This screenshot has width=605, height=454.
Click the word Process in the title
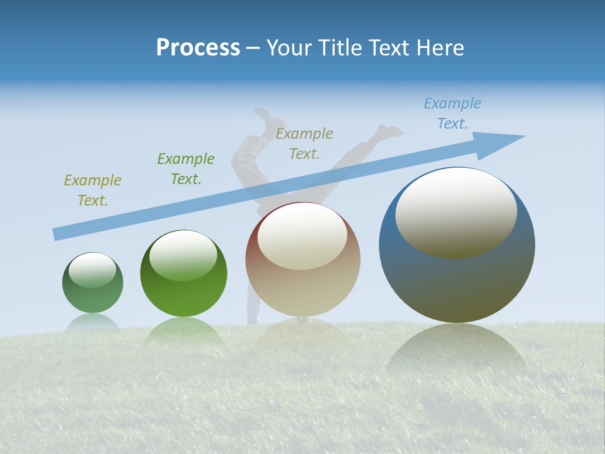tap(198, 48)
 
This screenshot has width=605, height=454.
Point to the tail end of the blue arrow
tap(57, 234)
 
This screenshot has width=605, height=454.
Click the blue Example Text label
tap(452, 113)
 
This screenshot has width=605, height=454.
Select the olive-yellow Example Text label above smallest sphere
tap(93, 190)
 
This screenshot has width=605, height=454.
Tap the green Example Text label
tap(186, 169)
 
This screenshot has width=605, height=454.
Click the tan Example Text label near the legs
tap(304, 143)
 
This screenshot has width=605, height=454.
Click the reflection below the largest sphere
tap(457, 353)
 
